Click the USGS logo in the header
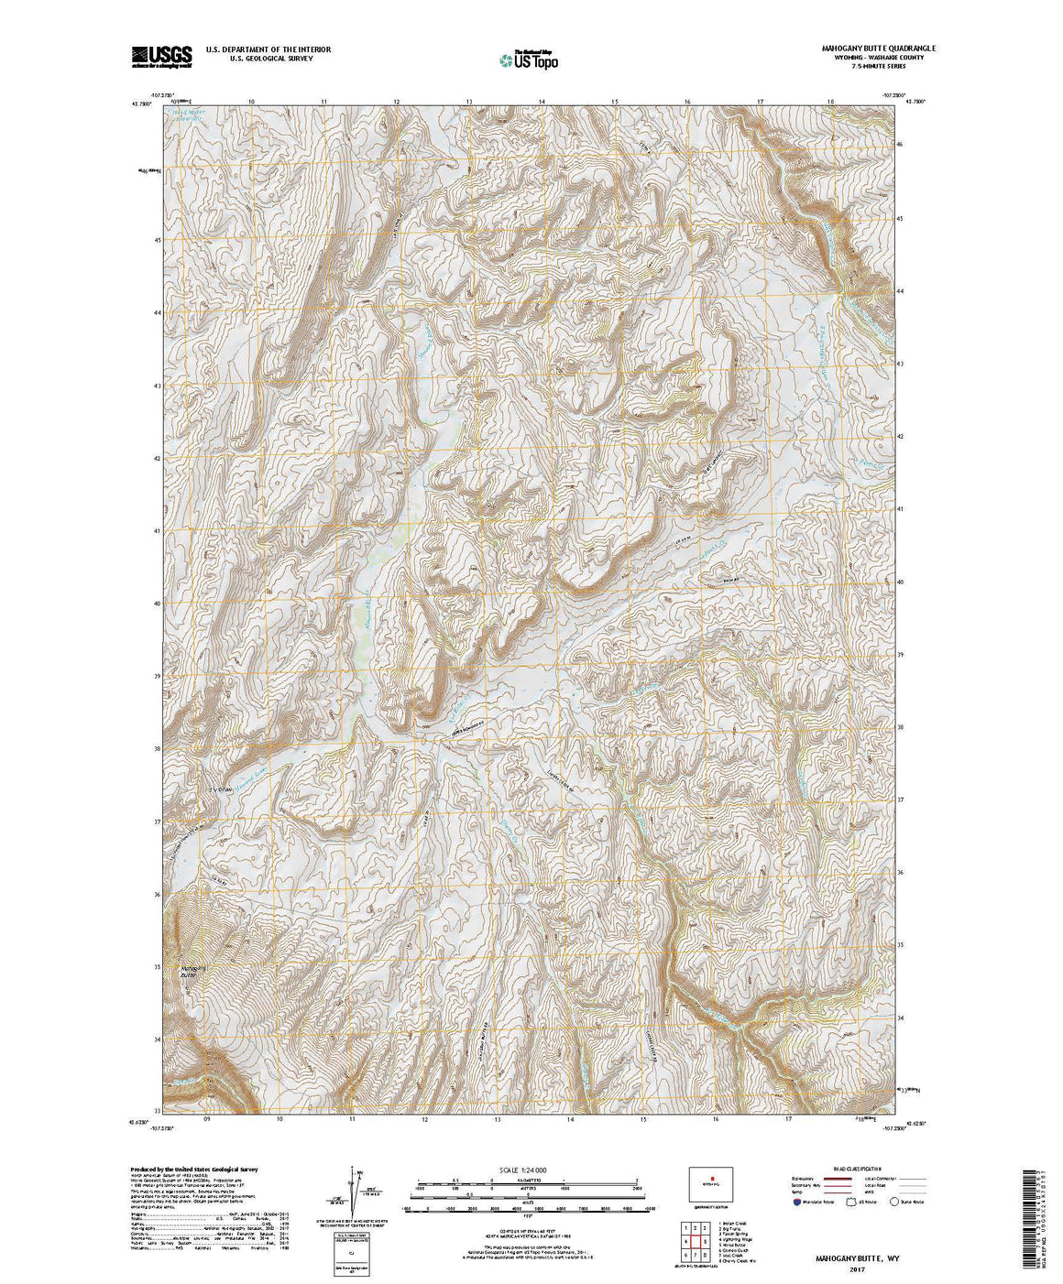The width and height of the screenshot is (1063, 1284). click(x=162, y=56)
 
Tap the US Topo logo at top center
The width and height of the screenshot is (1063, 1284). click(x=528, y=60)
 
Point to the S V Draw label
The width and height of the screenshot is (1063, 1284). click(x=220, y=788)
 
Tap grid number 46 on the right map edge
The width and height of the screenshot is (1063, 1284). click(x=901, y=145)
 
